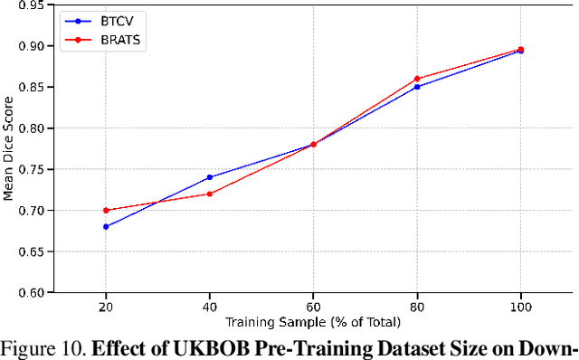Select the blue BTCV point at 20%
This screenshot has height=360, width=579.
(106, 226)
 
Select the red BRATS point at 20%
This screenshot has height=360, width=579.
(106, 210)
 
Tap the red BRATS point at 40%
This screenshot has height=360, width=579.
(210, 194)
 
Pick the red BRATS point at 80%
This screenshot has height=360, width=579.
(417, 79)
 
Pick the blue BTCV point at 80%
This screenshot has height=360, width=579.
(417, 87)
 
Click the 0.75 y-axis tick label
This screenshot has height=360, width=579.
(39, 169)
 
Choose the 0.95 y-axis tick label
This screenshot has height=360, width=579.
(39, 5)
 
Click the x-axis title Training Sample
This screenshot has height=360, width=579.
(313, 321)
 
